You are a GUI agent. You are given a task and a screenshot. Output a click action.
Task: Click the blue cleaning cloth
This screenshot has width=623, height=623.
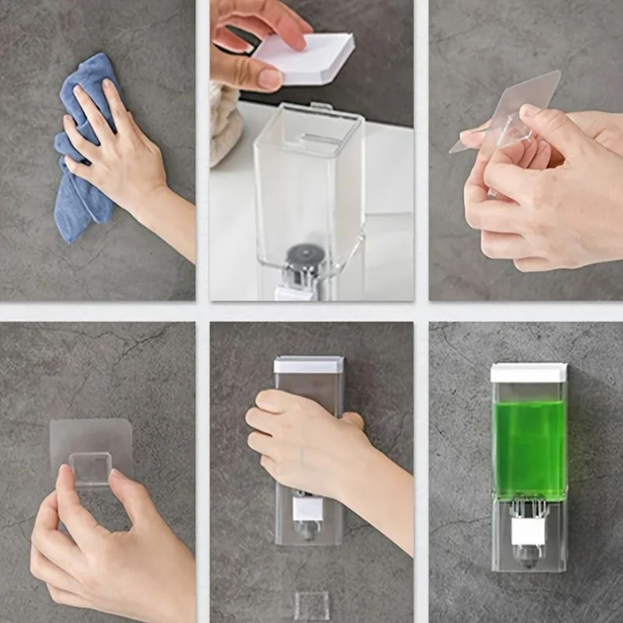(81, 187)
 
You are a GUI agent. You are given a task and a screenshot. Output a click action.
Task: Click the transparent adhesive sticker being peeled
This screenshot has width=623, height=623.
(517, 106)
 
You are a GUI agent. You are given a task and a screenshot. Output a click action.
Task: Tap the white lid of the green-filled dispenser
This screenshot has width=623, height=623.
(528, 373)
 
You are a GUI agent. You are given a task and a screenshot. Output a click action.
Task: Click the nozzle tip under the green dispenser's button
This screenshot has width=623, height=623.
(528, 558)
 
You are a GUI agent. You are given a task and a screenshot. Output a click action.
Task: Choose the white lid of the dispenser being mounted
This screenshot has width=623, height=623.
(309, 364)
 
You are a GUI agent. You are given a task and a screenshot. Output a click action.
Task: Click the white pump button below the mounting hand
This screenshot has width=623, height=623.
(308, 508)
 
